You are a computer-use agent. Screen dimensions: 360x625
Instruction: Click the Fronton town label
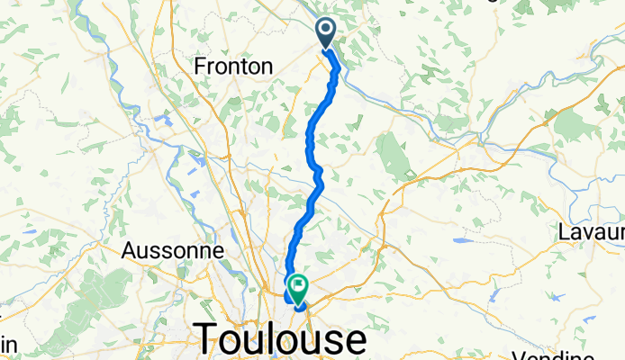tap(234, 66)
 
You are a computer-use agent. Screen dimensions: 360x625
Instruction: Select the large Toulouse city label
tap(280, 339)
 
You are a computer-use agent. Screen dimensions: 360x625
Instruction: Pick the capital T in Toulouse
tap(209, 339)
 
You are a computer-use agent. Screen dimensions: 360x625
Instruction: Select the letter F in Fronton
tap(201, 66)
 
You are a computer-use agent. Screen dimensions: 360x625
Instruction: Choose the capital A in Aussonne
tap(128, 250)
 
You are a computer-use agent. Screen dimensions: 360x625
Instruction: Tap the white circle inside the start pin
tap(326, 31)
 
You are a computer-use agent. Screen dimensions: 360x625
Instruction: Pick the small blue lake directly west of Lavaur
tap(461, 241)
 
